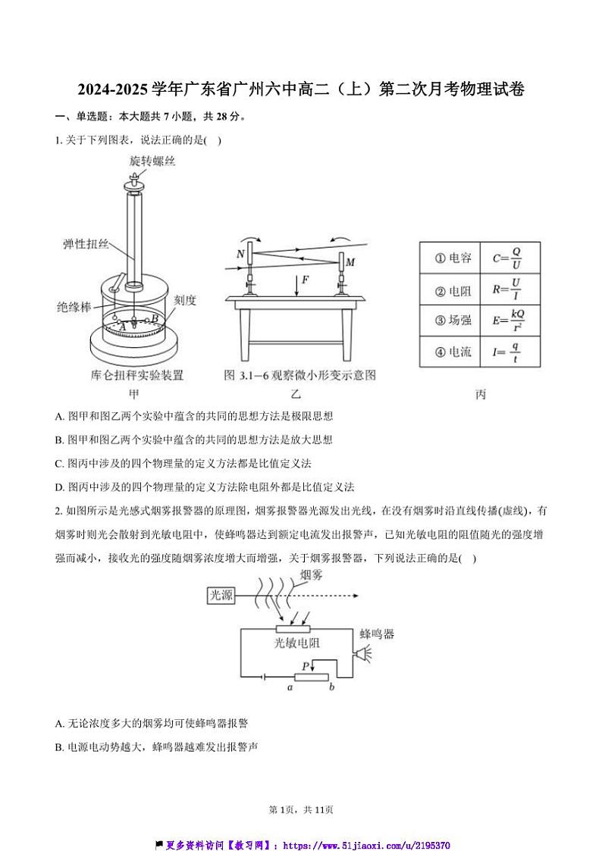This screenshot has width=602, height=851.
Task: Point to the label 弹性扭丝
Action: (x=86, y=244)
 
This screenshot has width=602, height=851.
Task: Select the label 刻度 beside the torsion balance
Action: (x=185, y=300)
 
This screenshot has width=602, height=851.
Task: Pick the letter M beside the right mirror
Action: (x=350, y=262)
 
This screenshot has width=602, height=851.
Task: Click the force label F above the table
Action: (x=305, y=280)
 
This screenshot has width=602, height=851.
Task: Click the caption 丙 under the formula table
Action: (x=480, y=395)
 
